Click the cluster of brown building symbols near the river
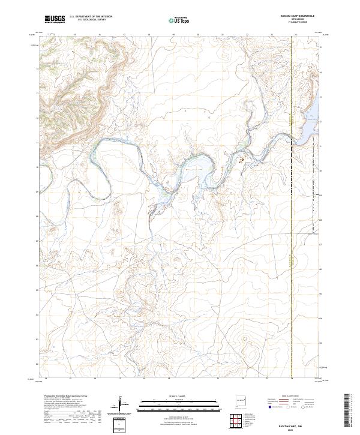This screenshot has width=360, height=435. [x=243, y=160]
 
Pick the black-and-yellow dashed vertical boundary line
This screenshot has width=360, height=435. [x=292, y=240]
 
